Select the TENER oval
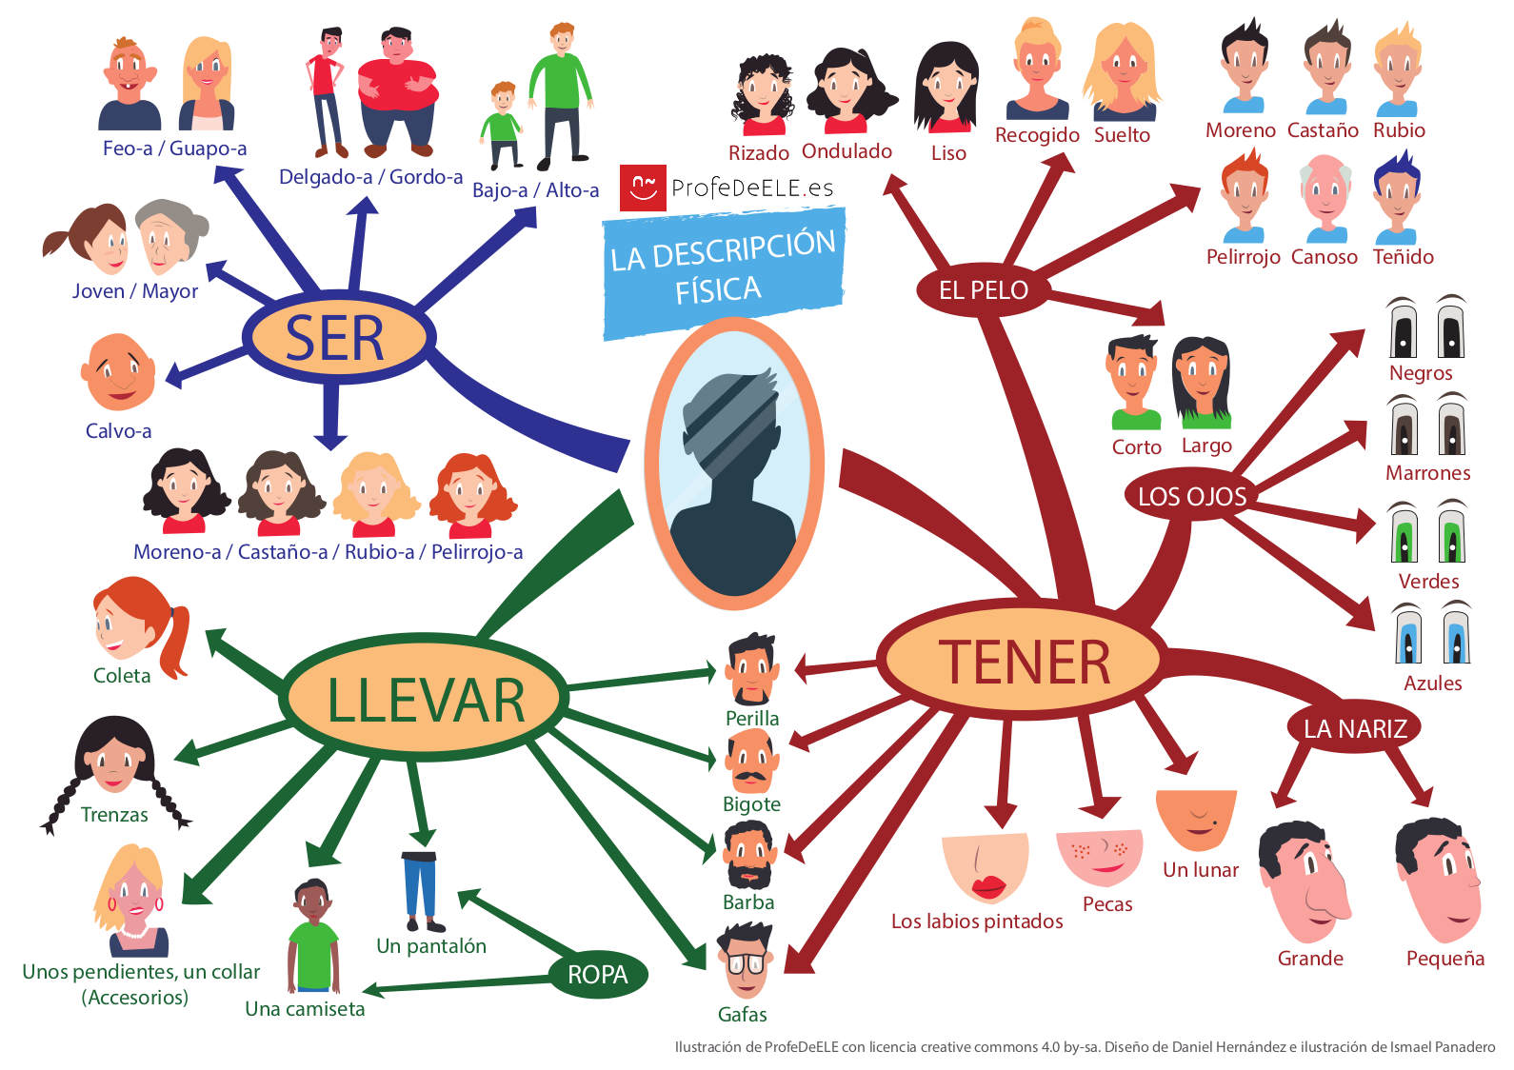[1022, 660]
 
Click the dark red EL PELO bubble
[983, 289]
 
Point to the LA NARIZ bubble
[1354, 728]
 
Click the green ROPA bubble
[597, 974]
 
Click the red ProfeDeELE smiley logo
[642, 187]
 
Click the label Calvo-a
[118, 430]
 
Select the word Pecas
[1106, 903]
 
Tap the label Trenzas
[114, 814]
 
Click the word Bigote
[750, 803]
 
